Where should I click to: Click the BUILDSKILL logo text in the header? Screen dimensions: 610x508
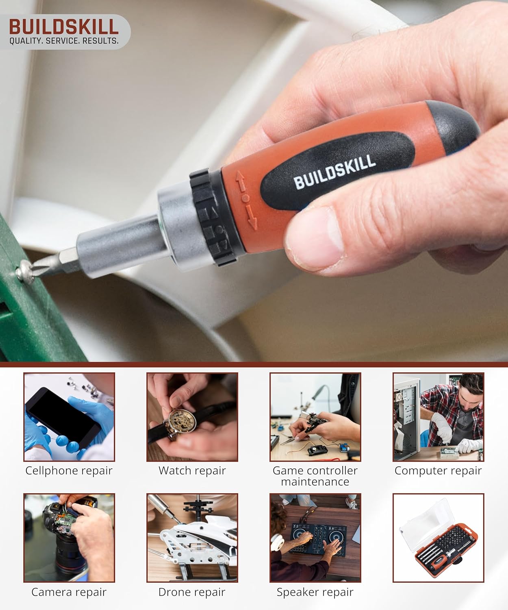point(64,27)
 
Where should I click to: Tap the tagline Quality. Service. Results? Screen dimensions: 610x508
point(64,41)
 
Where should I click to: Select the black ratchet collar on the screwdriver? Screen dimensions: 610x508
point(214,220)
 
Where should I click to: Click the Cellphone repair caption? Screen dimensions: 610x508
point(69,471)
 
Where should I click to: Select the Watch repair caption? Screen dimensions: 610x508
point(192,471)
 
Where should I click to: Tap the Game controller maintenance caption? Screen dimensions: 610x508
point(315,476)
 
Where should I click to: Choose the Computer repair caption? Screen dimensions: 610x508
point(438,471)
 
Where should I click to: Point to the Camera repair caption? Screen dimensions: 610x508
point(69,592)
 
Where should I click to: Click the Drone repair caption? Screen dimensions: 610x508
point(192,592)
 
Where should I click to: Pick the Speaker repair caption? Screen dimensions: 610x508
point(315,592)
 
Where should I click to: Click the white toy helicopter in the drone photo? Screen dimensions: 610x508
point(195,537)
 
